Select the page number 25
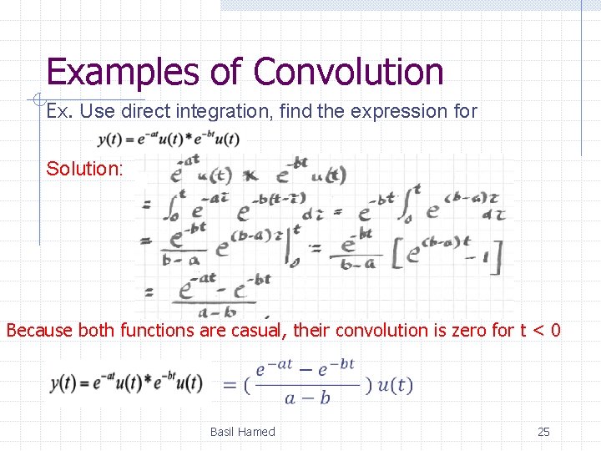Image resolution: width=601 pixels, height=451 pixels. pyautogui.click(x=543, y=432)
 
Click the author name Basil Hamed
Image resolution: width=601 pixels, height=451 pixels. pyautogui.click(x=242, y=432)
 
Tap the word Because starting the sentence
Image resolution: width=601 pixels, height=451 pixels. pyautogui.click(x=41, y=330)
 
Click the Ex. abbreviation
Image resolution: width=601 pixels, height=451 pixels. pyautogui.click(x=59, y=110)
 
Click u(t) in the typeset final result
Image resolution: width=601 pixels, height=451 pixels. pyautogui.click(x=394, y=385)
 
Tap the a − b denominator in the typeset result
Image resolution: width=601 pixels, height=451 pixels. pyautogui.click(x=308, y=398)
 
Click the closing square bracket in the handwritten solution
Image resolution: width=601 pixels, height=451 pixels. pyautogui.click(x=497, y=256)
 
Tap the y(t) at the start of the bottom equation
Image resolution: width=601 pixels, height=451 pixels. pyautogui.click(x=65, y=383)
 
